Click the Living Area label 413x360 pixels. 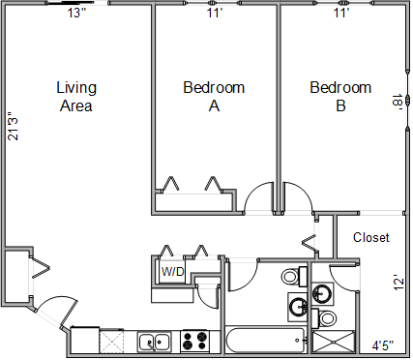coord(76,97)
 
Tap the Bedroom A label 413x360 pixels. coord(214,97)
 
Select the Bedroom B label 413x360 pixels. coord(340,97)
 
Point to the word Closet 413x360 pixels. coord(371,238)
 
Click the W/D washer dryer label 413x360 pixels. coord(173,272)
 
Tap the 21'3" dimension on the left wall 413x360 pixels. coord(14,126)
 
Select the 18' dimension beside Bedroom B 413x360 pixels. coord(398,102)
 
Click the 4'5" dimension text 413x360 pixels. coord(383,345)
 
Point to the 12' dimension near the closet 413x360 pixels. coord(398,283)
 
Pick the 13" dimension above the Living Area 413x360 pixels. coord(77,14)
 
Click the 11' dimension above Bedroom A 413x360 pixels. coord(215,14)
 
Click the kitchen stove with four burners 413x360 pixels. coord(194,341)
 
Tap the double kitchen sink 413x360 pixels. coord(155,342)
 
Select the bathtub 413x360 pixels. coord(266,341)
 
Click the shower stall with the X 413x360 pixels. coord(334,342)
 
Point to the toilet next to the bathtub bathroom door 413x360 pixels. coord(294,277)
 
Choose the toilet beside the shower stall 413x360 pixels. coord(325,318)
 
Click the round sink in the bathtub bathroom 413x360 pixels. coord(299,307)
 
